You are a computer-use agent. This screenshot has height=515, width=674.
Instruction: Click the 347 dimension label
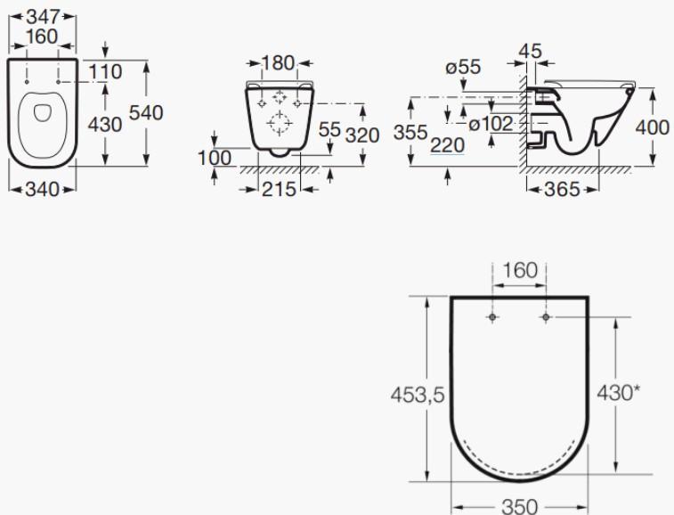[x=42, y=15]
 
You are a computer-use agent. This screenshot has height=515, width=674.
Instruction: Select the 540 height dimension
[x=147, y=113]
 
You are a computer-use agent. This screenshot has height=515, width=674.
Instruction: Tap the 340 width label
[x=42, y=188]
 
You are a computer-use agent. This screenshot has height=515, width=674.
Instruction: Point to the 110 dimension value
[x=106, y=71]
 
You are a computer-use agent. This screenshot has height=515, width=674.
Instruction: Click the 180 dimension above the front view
[x=279, y=63]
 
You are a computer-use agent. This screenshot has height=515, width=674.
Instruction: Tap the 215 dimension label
[x=279, y=188]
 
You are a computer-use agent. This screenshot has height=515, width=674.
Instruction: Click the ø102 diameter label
[x=490, y=124]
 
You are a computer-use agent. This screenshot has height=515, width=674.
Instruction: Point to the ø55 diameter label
[x=463, y=67]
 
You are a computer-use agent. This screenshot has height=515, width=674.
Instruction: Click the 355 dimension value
[x=410, y=134]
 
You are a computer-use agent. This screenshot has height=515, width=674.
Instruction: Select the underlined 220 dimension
[x=447, y=144]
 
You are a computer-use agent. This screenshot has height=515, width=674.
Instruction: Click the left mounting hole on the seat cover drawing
[x=492, y=317]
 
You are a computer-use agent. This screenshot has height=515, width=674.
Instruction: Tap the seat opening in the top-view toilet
[x=42, y=112]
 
